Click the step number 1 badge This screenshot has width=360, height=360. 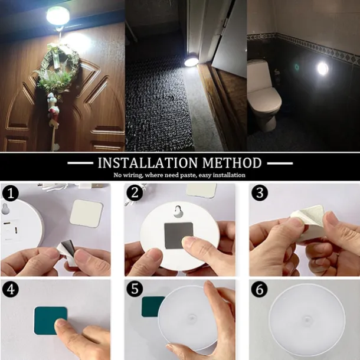9,192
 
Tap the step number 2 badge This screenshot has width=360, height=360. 136,192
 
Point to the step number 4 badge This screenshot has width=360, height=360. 9,289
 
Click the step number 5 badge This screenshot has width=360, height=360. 136,289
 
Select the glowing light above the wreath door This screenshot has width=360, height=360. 58,15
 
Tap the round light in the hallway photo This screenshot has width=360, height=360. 191,60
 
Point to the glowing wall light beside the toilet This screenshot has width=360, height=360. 322,68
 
